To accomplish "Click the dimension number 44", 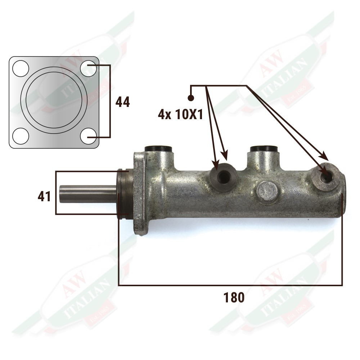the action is point(122,102).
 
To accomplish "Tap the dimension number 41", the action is point(44,197).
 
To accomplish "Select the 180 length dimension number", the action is point(234,297).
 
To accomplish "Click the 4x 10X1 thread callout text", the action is point(180,114).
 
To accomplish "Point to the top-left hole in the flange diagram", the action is point(21,68).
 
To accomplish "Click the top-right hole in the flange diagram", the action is point(89,68).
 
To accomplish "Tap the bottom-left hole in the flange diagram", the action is point(21,136).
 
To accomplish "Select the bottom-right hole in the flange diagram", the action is point(89,136).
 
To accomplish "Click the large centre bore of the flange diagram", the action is point(54,100).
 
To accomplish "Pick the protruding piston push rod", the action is point(88,194).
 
